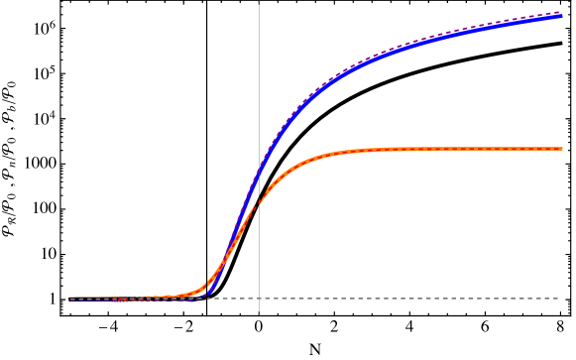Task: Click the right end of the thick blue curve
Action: [x=562, y=16]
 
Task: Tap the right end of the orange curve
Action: [x=562, y=149]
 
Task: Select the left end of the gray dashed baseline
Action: [x=70, y=299]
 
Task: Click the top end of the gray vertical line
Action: [x=260, y=3]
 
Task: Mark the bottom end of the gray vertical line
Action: [x=260, y=314]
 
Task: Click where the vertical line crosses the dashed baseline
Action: [x=260, y=299]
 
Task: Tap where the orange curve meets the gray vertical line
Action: [x=260, y=203]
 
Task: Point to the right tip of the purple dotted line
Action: [x=562, y=12]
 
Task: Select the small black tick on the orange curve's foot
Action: [x=207, y=286]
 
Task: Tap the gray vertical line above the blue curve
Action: [x=260, y=79]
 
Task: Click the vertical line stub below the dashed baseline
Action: [x=260, y=307]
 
